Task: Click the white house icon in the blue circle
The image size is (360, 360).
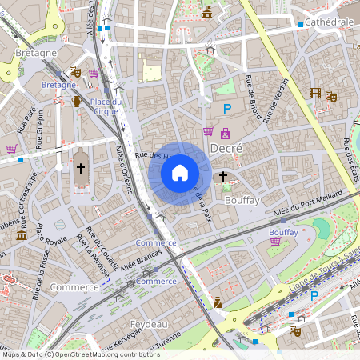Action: click(180, 173)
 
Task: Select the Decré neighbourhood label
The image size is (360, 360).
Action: click(225, 149)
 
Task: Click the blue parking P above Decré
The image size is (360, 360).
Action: click(226, 108)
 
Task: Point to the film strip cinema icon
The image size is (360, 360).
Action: click(315, 94)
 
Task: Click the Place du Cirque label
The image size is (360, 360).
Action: click(106, 106)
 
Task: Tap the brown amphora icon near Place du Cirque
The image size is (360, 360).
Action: click(77, 101)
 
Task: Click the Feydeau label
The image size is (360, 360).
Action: click(146, 323)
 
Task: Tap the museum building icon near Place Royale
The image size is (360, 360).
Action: click(22, 236)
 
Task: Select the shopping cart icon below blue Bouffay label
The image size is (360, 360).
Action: click(276, 241)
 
